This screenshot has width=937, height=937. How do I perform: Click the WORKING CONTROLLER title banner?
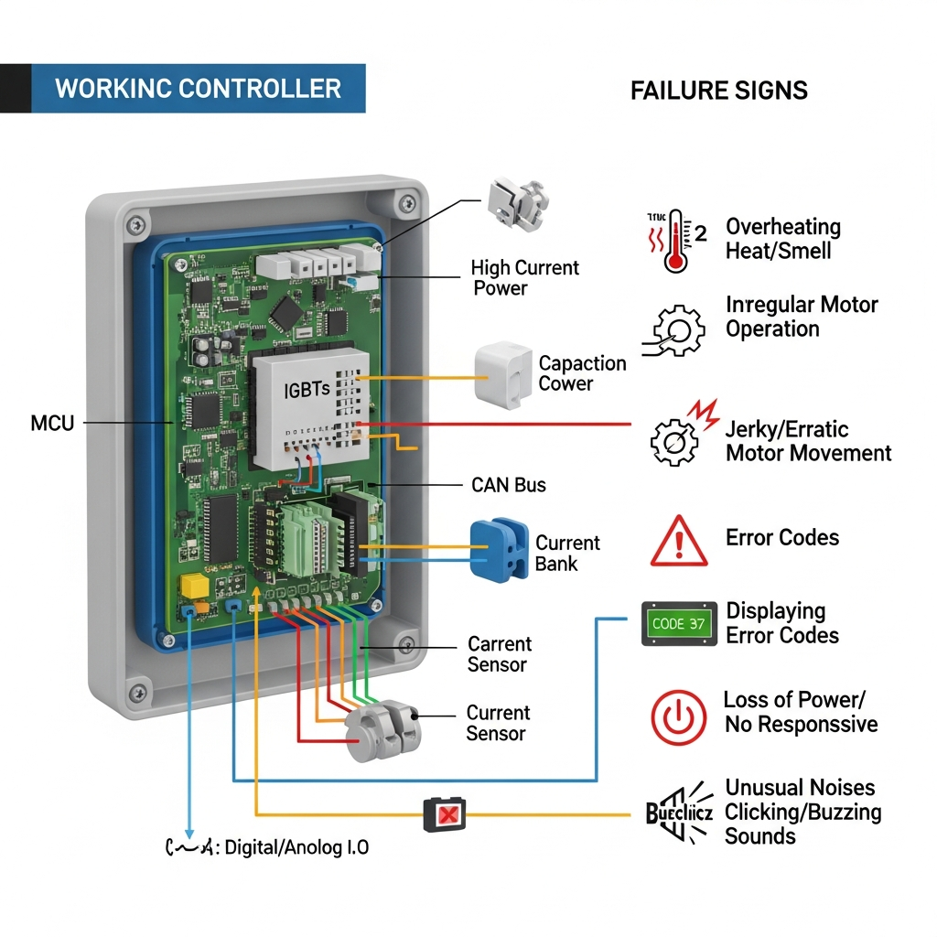[198, 89]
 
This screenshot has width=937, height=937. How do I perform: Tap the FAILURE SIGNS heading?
[718, 91]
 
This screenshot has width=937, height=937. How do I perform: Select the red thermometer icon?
[675, 241]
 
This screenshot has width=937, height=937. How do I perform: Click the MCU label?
[51, 424]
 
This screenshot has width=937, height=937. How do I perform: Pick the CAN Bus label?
[508, 485]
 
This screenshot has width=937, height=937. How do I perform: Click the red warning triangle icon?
[678, 542]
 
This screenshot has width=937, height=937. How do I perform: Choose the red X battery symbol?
[445, 813]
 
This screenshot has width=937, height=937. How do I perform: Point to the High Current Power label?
[525, 278]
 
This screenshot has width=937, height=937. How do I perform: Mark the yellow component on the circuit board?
[195, 586]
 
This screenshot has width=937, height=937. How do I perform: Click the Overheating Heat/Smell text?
[782, 239]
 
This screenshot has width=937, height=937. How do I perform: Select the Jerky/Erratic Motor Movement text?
[808, 441]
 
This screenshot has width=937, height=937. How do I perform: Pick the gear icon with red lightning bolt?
[678, 436]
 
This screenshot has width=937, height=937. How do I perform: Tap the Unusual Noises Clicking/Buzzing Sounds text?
[802, 812]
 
